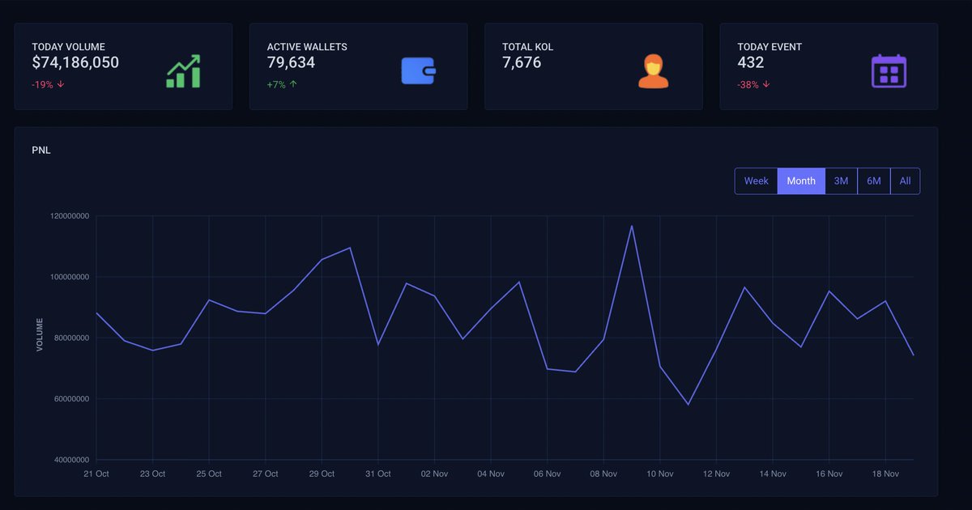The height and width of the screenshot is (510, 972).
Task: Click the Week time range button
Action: [x=756, y=181]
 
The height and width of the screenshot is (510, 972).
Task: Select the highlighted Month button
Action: [x=801, y=181]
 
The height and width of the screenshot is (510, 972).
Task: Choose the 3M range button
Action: [x=841, y=181]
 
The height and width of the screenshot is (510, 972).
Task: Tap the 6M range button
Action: [x=873, y=181]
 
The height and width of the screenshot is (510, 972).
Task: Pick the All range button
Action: [x=905, y=181]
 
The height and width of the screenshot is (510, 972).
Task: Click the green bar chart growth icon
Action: [x=183, y=71]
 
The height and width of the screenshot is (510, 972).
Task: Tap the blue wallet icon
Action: [x=419, y=71]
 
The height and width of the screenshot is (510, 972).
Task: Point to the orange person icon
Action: [x=653, y=71]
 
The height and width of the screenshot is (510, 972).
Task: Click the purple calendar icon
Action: [x=889, y=71]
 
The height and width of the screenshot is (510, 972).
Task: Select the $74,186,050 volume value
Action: [x=75, y=62]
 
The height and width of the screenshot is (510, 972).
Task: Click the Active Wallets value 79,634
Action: [x=291, y=62]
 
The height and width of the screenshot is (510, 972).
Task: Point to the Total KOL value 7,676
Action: [x=522, y=62]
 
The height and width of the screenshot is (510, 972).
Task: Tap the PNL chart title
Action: [x=41, y=150]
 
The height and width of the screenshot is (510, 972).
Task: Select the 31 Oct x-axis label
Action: [x=378, y=474]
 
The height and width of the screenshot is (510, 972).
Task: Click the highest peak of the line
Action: [x=632, y=226]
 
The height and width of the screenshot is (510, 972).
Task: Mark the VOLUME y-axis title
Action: [x=40, y=338]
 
